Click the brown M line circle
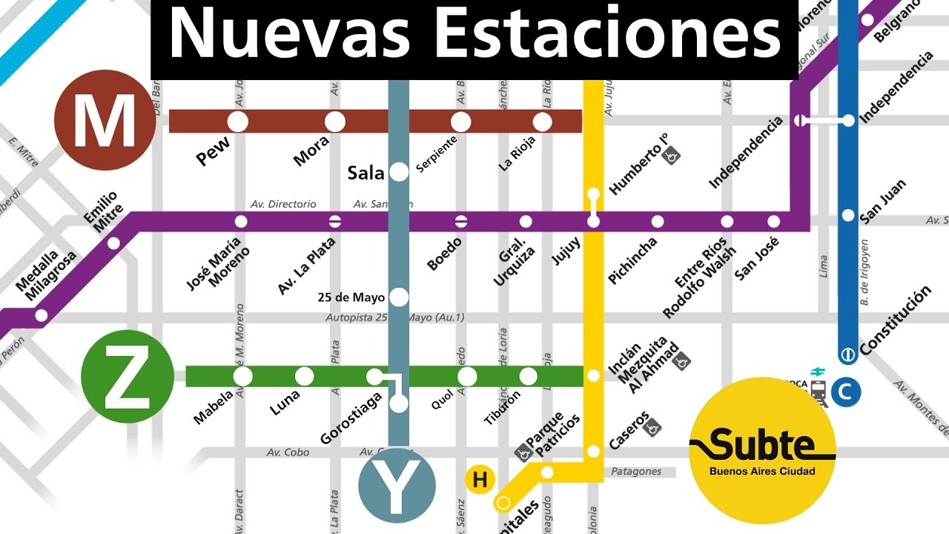pyautogui.click(x=105, y=121)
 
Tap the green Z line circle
pyautogui.click(x=127, y=377)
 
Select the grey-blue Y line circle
pyautogui.click(x=397, y=487)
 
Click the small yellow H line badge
pyautogui.click(x=480, y=480)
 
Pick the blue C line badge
pyautogui.click(x=845, y=391)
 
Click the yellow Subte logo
pyautogui.click(x=762, y=450)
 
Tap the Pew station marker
pyautogui.click(x=238, y=121)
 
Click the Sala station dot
pyautogui.click(x=399, y=173)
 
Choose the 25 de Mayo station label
pyautogui.click(x=351, y=297)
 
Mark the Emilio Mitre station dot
pyautogui.click(x=113, y=243)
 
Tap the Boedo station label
pyautogui.click(x=445, y=254)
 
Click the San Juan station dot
pyautogui.click(x=848, y=216)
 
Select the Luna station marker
pyautogui.click(x=305, y=377)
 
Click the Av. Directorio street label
pyautogui.click(x=283, y=204)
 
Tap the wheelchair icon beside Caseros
pyautogui.click(x=653, y=427)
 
